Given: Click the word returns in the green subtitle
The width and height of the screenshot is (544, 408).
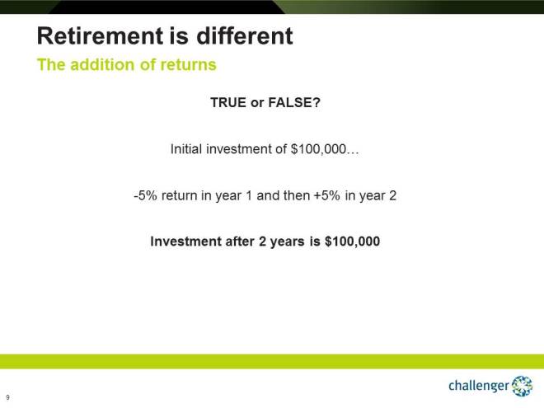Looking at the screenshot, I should click(x=189, y=65).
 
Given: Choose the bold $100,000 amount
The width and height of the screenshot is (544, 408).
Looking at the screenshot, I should click(x=352, y=242).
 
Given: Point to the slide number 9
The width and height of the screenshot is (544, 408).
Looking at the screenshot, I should click(x=7, y=396).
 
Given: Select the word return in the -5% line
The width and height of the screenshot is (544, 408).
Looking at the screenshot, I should click(x=181, y=196).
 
